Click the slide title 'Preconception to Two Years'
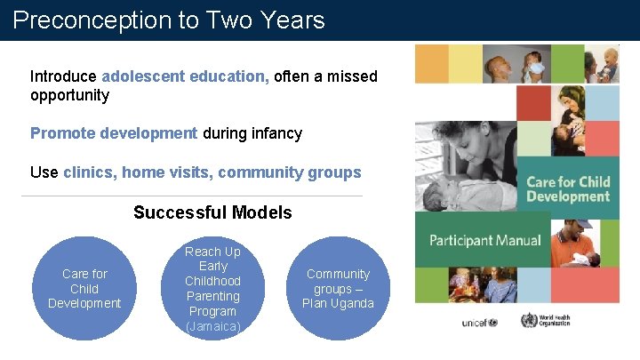(x=169, y=20)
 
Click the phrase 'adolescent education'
(x=185, y=77)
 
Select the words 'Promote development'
(x=114, y=133)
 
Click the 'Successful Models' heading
(x=212, y=212)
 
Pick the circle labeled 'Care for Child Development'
(x=84, y=288)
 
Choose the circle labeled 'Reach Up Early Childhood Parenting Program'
(x=213, y=288)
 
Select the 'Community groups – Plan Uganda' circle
(x=338, y=288)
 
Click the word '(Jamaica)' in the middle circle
(x=213, y=326)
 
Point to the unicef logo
(x=479, y=322)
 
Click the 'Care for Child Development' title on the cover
(x=568, y=188)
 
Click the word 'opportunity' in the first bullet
(x=69, y=95)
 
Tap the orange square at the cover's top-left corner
(x=431, y=64)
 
